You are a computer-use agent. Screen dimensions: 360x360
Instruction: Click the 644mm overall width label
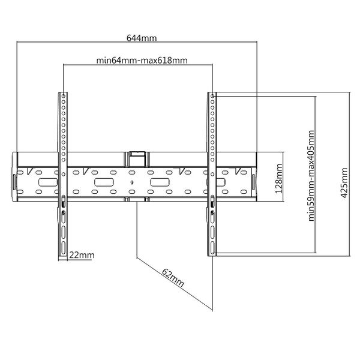tap(142, 38)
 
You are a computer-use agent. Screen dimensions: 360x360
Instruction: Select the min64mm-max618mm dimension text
tap(142, 61)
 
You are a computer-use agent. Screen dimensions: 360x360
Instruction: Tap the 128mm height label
tap(279, 178)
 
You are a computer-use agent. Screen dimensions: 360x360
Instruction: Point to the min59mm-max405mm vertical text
tap(311, 176)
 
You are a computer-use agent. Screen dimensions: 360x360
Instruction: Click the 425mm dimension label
tap(344, 183)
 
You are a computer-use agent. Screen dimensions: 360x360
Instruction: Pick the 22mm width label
tap(82, 255)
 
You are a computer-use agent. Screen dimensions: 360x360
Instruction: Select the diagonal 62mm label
tap(173, 278)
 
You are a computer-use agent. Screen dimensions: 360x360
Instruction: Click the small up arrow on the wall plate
tap(131, 182)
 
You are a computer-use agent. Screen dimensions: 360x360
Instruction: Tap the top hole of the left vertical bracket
tap(64, 96)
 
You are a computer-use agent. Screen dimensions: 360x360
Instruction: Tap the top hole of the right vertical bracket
tap(212, 96)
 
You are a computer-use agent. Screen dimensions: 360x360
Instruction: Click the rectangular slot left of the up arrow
tap(104, 182)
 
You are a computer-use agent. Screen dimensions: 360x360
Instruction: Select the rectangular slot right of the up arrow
tap(160, 182)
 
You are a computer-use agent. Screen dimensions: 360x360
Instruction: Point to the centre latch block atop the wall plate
tap(137, 159)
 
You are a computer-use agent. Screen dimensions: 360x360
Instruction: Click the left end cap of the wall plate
tap(15, 176)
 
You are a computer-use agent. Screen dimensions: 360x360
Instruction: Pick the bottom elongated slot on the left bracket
tap(64, 248)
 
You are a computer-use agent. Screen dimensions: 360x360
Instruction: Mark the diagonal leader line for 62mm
tap(175, 284)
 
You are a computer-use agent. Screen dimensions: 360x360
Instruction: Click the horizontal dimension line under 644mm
tap(137, 42)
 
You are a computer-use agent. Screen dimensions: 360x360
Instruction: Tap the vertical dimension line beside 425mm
tap(350, 174)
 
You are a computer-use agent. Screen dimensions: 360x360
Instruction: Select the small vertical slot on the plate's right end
tap(253, 182)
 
